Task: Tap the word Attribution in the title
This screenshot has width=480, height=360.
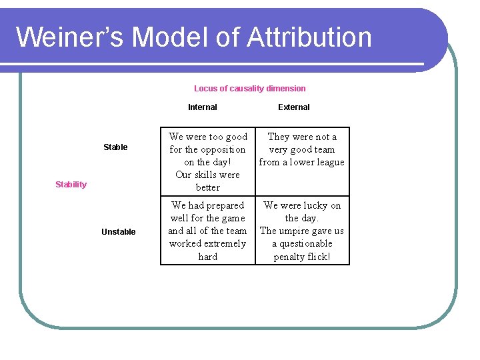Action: tap(309, 37)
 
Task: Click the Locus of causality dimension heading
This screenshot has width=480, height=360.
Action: tap(249, 88)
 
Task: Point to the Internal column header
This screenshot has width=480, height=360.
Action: tap(202, 107)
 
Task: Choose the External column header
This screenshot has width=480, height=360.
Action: tap(293, 107)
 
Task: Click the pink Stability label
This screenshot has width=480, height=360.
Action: tap(71, 185)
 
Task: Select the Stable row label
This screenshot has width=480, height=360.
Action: tap(115, 147)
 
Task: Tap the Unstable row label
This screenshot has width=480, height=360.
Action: tap(118, 232)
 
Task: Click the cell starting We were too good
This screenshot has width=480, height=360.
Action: tap(207, 162)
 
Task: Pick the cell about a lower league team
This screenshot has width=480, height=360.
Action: tap(301, 149)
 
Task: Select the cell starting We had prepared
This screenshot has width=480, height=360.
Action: tap(207, 231)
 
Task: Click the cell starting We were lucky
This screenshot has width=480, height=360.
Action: tap(301, 231)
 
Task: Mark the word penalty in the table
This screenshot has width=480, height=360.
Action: tap(290, 257)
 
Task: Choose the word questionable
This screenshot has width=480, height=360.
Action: tap(306, 243)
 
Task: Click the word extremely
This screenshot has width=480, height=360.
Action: tap(223, 243)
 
